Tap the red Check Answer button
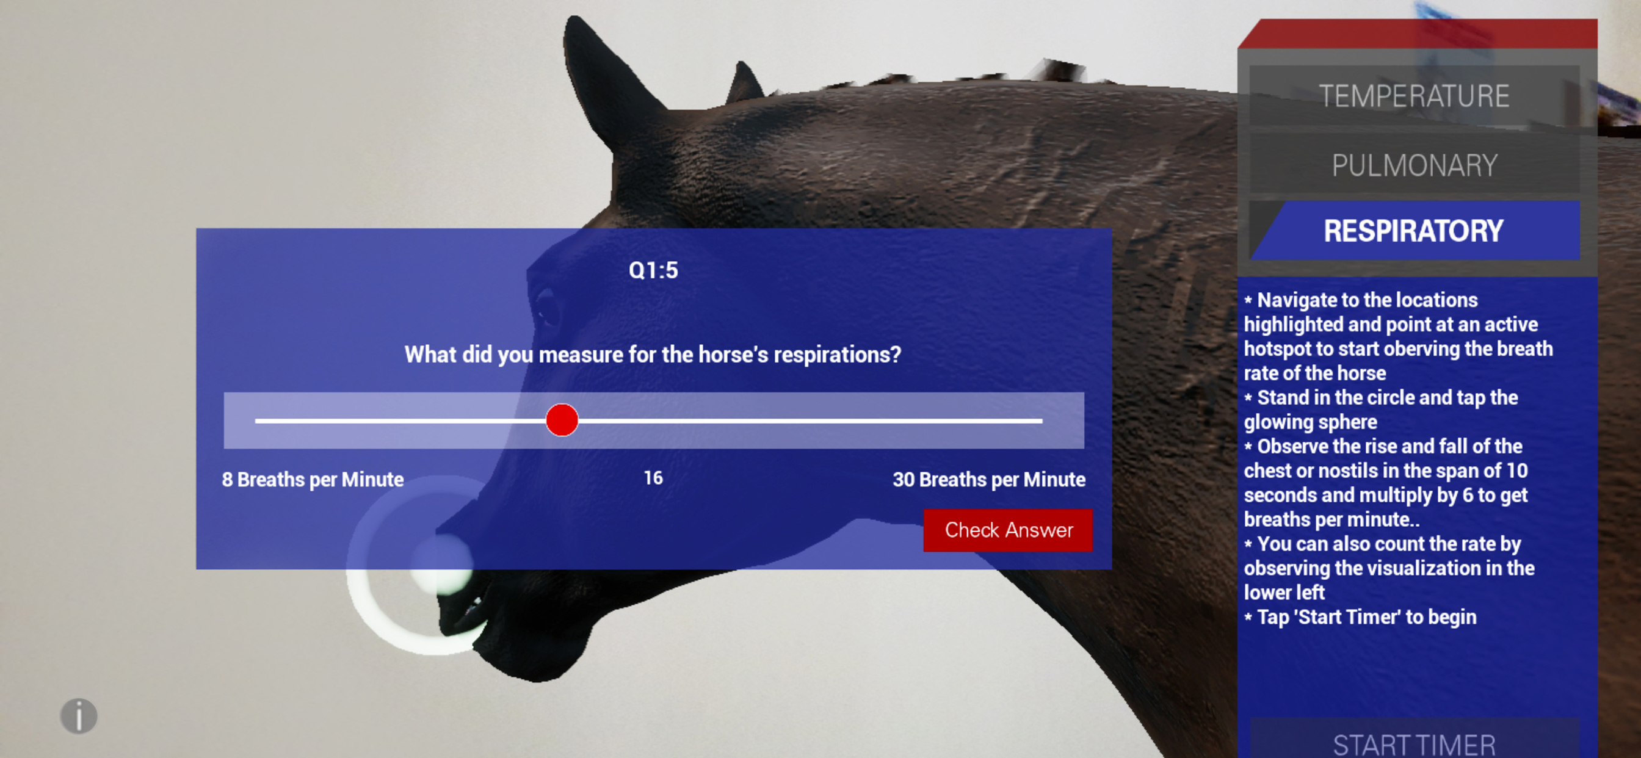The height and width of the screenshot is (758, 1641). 1008,530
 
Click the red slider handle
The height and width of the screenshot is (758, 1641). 562,421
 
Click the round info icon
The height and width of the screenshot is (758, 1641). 79,716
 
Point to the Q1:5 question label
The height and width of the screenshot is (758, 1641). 653,270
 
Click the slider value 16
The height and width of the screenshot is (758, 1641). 653,478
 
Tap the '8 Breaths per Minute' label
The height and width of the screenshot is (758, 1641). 313,479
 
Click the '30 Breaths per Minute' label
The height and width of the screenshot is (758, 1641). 988,479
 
